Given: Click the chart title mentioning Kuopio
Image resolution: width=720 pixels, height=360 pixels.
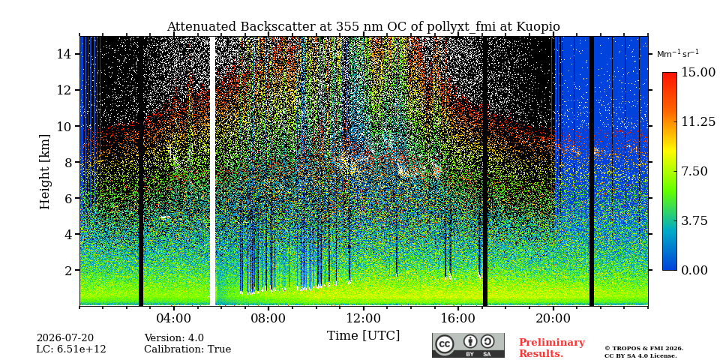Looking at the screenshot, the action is (363, 27).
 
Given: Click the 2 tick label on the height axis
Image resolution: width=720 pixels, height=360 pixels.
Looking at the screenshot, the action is (68, 270).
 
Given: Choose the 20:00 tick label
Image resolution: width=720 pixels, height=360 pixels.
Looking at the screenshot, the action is (553, 318).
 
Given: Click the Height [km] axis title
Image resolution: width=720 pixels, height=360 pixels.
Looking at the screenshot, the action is (44, 172).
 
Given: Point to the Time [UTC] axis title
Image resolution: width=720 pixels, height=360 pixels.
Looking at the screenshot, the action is (363, 336).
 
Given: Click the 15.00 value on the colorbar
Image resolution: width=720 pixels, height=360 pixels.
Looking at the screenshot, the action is (698, 73).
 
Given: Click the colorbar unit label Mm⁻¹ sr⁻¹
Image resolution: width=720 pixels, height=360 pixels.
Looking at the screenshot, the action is (678, 54).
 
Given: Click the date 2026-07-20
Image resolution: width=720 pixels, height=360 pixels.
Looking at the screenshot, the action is (65, 338).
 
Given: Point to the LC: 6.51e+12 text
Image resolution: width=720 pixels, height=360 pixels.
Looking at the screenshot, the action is (71, 349).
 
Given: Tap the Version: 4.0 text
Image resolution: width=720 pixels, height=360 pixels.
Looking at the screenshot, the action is (174, 338).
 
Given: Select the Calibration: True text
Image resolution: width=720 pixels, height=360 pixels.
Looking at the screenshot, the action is (187, 349).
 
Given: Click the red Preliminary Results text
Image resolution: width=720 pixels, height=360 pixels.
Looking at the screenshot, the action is (552, 348).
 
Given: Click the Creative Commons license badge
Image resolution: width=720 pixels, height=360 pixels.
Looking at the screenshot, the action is (468, 345).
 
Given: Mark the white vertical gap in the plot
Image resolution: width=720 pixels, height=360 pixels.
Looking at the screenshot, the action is (212, 171).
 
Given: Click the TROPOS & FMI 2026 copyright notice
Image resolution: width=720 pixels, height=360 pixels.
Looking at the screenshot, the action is (643, 349).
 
